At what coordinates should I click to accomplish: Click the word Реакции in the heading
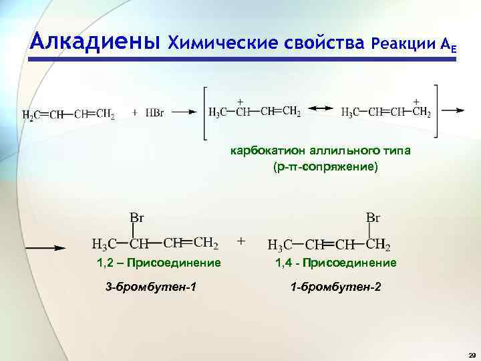click(404, 43)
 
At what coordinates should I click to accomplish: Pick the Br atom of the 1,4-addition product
click(373, 217)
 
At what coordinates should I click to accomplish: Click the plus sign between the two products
click(241, 239)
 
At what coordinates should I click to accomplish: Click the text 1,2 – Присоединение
click(158, 263)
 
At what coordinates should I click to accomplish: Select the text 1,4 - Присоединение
click(335, 263)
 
